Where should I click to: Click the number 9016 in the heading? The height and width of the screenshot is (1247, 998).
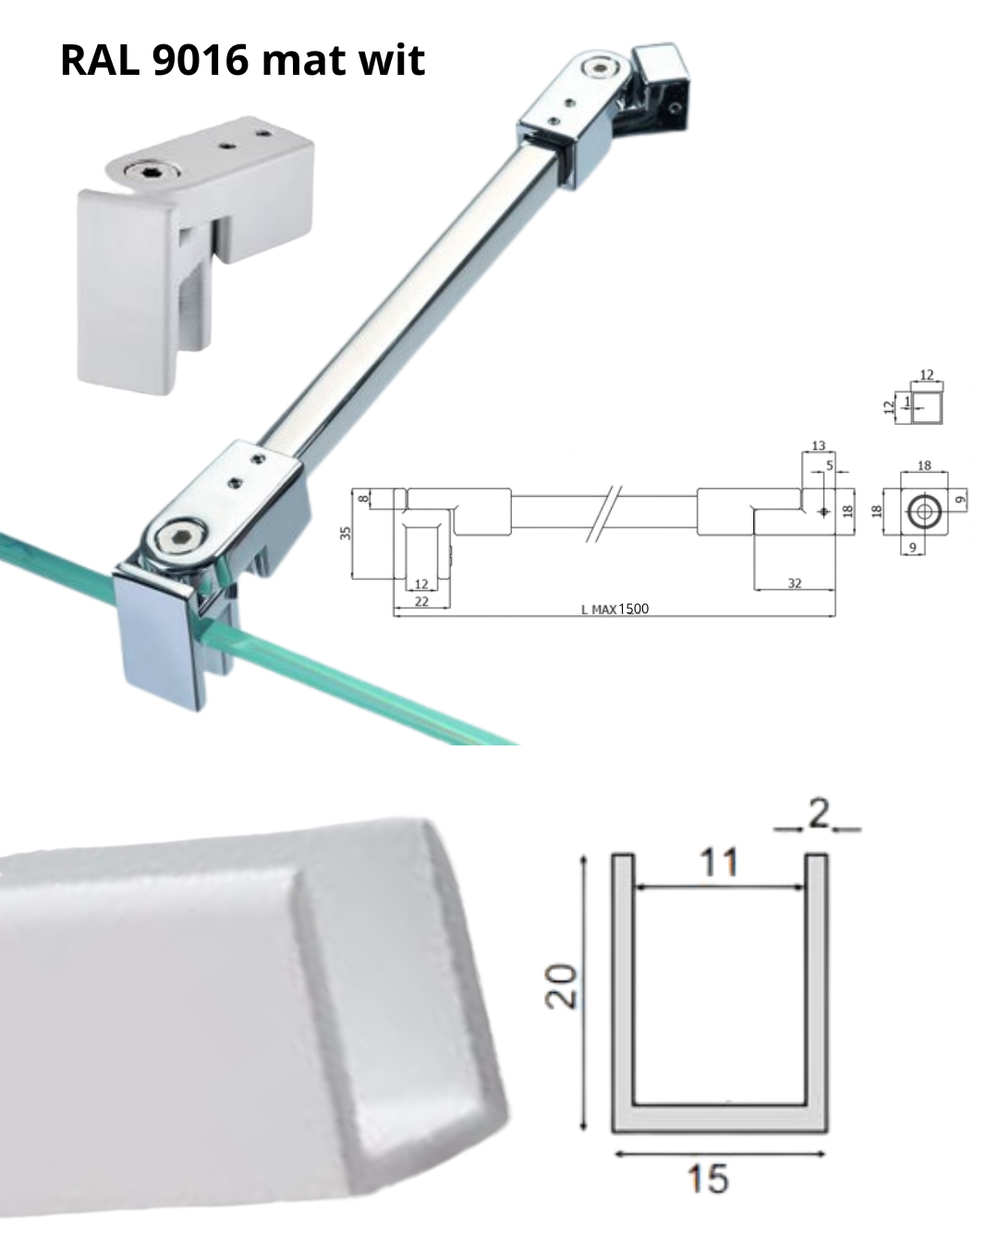201,60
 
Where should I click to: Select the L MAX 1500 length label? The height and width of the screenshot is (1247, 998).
615,609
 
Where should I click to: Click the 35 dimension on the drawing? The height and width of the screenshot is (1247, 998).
346,533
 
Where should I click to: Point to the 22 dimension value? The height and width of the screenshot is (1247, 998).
421,601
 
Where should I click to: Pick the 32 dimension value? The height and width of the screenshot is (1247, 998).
795,584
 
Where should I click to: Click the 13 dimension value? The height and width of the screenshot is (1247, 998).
818,445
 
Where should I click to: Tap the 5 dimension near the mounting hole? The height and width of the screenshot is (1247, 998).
830,465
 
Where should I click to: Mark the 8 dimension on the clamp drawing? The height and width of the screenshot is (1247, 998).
363,498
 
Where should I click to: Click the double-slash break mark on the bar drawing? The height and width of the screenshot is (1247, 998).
603,514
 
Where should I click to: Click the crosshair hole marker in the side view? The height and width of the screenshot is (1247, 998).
824,512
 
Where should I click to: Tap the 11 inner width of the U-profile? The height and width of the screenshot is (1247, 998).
719,863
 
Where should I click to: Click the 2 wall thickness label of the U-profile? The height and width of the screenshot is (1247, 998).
819,814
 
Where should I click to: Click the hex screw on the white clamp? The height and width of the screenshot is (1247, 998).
141,172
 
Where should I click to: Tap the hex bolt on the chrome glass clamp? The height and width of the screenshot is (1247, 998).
176,536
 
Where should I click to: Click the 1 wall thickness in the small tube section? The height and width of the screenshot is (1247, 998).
907,401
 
